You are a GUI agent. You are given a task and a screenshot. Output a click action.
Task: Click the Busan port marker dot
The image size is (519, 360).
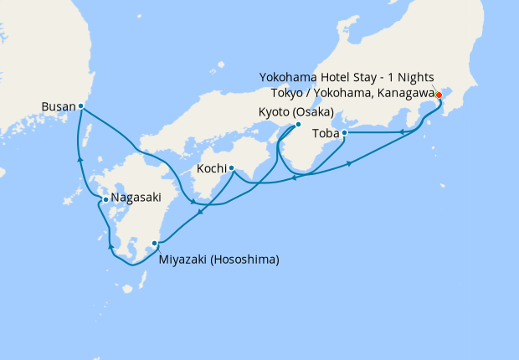80,106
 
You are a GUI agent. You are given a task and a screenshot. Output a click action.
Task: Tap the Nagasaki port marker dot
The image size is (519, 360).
105,199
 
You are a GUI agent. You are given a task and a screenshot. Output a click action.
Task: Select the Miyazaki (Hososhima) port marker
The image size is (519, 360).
154,244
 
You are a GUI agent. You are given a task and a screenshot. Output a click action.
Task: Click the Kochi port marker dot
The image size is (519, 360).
231,167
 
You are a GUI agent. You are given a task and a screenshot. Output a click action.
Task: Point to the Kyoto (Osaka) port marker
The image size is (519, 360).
297,125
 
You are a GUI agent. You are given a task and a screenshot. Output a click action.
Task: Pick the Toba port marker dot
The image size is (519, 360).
345,132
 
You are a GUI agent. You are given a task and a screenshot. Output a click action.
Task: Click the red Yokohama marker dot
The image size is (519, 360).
439,95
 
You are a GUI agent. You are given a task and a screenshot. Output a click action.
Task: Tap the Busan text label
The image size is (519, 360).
58,106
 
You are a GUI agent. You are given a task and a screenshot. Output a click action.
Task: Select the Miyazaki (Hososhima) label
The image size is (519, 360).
218,260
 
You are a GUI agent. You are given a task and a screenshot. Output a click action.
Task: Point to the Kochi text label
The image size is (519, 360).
211,168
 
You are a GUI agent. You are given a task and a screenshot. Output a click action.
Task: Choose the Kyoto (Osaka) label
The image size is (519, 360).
297,112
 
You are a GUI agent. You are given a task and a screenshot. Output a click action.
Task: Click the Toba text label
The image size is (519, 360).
325,133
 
